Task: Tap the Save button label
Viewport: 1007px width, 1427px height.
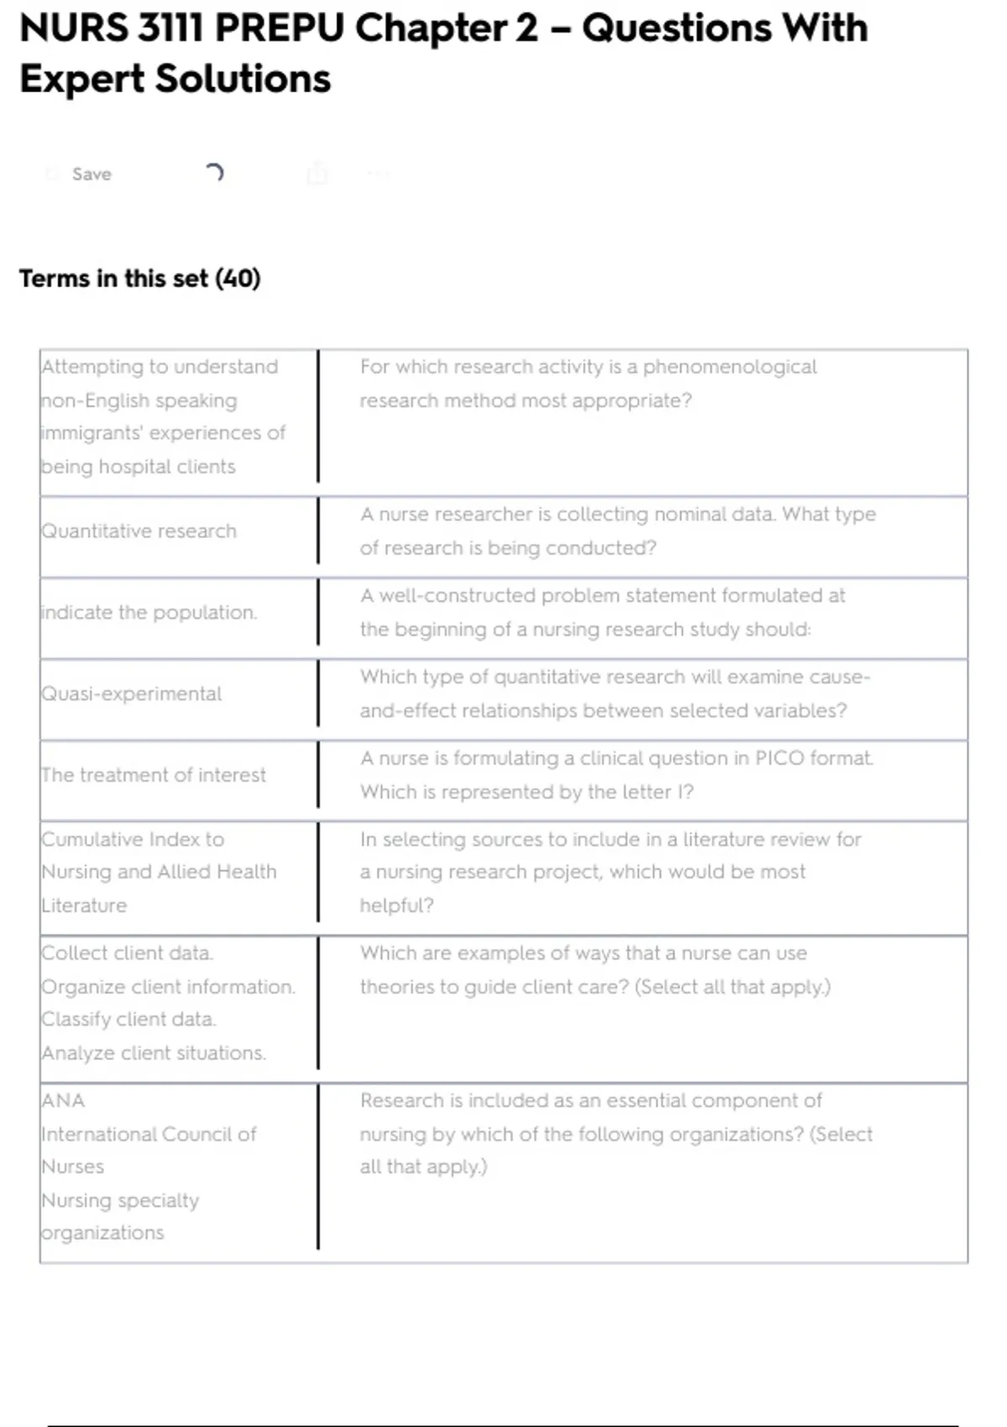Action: pos(91,174)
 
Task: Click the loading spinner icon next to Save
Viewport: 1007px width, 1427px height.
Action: pos(214,173)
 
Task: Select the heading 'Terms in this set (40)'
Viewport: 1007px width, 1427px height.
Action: pos(140,278)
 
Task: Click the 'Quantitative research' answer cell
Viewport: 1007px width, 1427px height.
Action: pos(139,531)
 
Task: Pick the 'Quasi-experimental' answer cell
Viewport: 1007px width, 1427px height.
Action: pos(132,694)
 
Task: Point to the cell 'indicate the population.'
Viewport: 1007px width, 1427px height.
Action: pos(149,613)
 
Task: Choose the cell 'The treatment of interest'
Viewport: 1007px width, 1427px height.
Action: pos(154,775)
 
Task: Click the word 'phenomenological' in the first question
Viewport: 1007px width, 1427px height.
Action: pos(729,367)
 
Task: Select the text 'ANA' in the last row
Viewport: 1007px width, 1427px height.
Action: pos(63,1100)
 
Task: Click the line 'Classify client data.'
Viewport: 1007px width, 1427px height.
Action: pos(129,1019)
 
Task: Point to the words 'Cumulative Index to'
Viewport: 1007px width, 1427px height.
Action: pos(133,839)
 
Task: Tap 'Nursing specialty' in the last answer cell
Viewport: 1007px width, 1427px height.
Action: pos(121,1200)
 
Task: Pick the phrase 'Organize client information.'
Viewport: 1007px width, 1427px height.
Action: pos(169,986)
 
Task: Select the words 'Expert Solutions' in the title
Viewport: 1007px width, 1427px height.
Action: pos(175,79)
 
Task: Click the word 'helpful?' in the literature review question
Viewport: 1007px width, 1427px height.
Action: pos(397,906)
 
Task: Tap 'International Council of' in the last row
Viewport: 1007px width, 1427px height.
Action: pos(149,1134)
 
